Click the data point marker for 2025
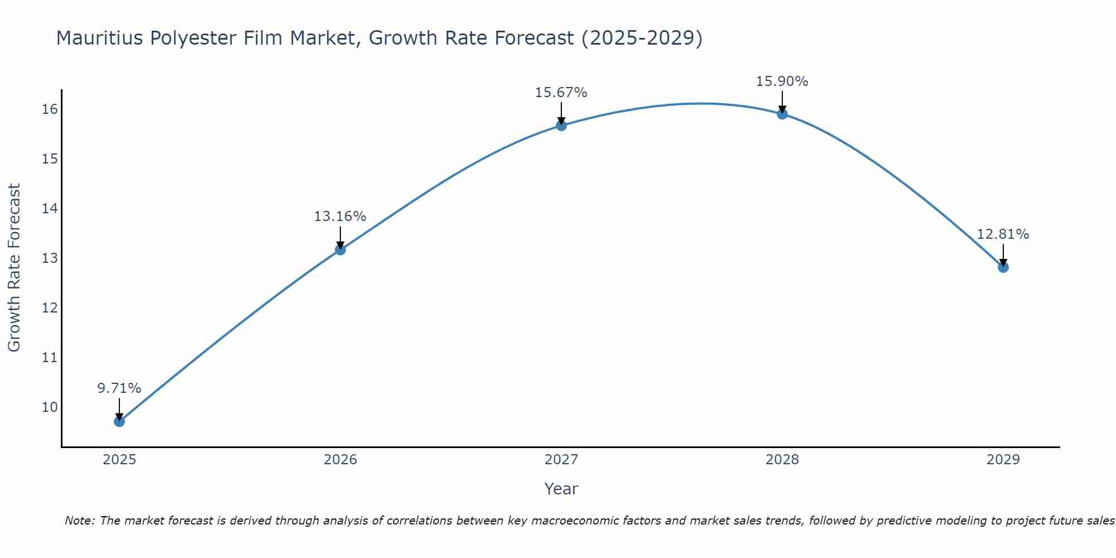pos(119,421)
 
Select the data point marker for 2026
pos(340,249)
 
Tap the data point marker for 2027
pos(561,126)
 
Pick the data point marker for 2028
pos(782,114)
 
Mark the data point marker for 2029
pos(1003,267)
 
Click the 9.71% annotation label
pos(119,388)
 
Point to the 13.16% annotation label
pos(340,217)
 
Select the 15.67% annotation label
pos(561,93)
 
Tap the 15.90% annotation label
pos(782,81)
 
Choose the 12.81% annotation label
pos(1003,234)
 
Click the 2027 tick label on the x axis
pos(561,460)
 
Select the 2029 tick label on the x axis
pos(1003,460)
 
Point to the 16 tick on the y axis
pos(50,109)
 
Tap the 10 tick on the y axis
pos(50,407)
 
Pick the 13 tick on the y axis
pos(50,258)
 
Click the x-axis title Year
pos(561,489)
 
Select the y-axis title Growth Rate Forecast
pos(14,267)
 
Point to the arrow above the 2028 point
pos(782,102)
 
